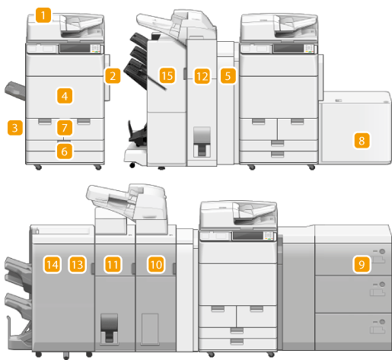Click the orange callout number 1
43,15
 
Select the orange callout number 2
113,76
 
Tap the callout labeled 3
15,128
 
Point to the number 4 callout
65,96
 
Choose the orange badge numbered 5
228,76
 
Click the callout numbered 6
65,151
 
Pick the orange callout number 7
65,128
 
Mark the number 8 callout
362,141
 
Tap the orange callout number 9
362,265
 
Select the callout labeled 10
156,265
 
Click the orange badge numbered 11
113,265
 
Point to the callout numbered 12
202,76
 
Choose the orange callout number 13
77,265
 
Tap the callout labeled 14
52,265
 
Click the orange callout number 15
167,75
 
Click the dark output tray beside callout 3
15,91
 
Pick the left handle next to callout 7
45,121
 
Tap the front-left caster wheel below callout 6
38,167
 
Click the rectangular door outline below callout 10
150,329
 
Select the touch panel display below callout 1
75,49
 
